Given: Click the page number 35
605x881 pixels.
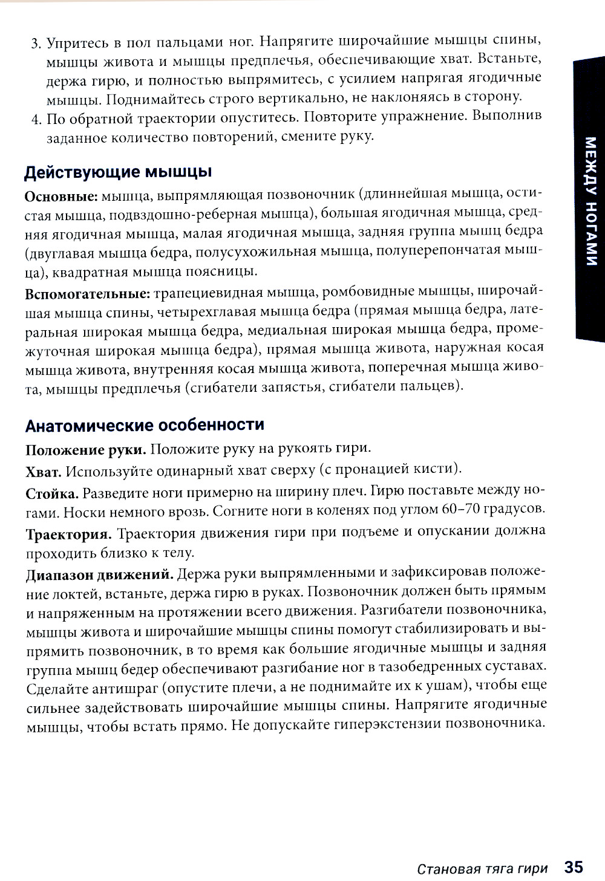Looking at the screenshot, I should (x=573, y=866).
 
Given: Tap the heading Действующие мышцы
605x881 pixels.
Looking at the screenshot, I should (x=118, y=172).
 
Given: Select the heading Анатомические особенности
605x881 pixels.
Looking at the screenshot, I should (x=145, y=424).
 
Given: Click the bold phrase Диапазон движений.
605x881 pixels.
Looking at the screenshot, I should (x=100, y=573).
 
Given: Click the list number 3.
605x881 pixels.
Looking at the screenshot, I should (x=34, y=44).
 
